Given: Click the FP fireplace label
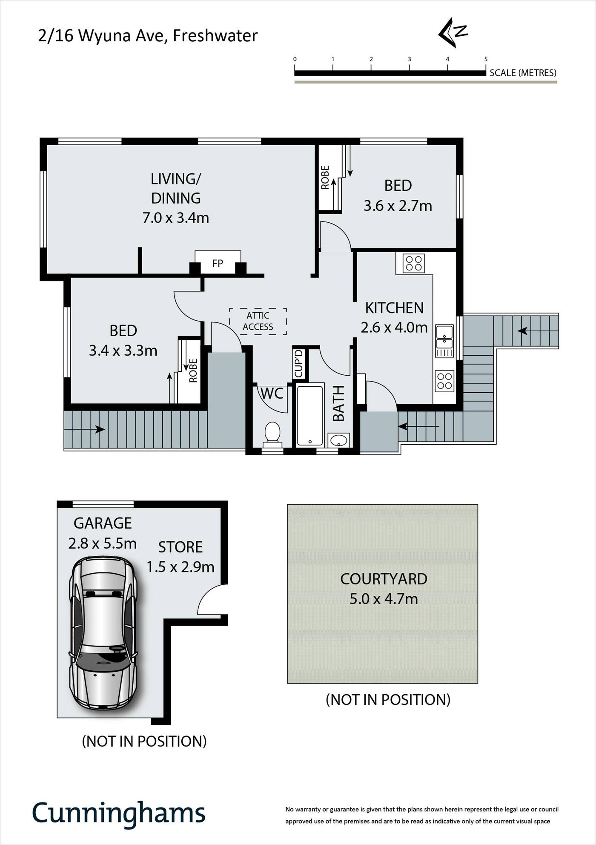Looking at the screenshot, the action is coord(218,264).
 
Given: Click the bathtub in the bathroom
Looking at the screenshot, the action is coord(309,415).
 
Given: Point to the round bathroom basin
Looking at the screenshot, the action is coord(339,440).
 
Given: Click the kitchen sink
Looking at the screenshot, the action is coord(444,341).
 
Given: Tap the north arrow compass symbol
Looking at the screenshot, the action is coord(453,32).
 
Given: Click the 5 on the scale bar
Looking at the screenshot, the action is coord(486,59).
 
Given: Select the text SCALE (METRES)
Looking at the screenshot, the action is coord(523,73).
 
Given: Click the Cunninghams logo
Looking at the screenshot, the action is coord(119,813).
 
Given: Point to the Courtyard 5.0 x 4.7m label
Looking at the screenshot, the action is coord(384,589).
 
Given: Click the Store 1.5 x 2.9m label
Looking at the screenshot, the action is coord(181,557).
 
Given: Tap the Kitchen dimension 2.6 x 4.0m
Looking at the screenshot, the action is coord(394,328).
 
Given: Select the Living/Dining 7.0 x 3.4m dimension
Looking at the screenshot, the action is coord(175,218).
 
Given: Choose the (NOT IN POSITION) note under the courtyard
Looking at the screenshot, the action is coord(388,700).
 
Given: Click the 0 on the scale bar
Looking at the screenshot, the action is coord(295,59).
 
